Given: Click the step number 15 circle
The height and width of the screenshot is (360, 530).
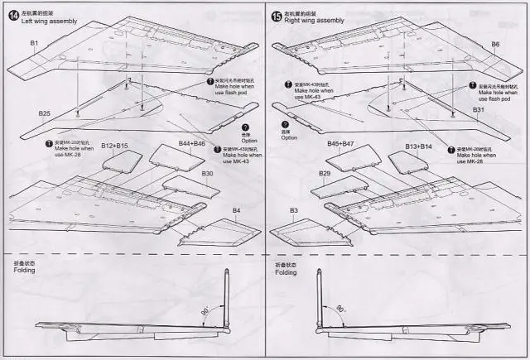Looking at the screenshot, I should click(277, 16).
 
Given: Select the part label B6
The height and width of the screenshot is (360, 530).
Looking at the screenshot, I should click(495, 44).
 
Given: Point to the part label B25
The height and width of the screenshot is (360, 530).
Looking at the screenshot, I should click(45, 113).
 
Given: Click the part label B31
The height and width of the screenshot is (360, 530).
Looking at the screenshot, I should click(478, 110).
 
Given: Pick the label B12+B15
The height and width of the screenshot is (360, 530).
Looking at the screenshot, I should click(114, 146).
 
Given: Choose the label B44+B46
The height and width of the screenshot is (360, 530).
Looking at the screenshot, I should click(192, 144).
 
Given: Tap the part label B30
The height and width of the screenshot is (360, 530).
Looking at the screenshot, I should click(207, 174).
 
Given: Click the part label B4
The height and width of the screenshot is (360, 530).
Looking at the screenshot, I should click(236, 210).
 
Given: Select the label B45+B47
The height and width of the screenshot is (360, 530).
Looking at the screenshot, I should click(340, 144).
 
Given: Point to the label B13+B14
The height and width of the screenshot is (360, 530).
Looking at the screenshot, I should click(420, 146).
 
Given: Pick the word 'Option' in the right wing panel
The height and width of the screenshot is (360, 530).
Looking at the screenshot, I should click(288, 137).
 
